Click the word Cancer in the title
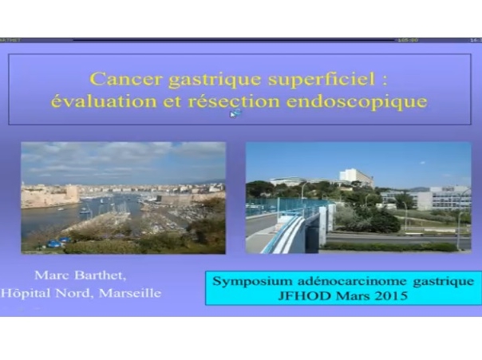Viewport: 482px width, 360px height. (x=117, y=78)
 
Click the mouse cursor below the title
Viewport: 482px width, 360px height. (x=235, y=114)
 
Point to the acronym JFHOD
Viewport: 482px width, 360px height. (x=301, y=296)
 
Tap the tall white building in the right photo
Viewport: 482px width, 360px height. (x=356, y=177)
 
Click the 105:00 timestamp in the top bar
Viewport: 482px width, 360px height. (x=409, y=39)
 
